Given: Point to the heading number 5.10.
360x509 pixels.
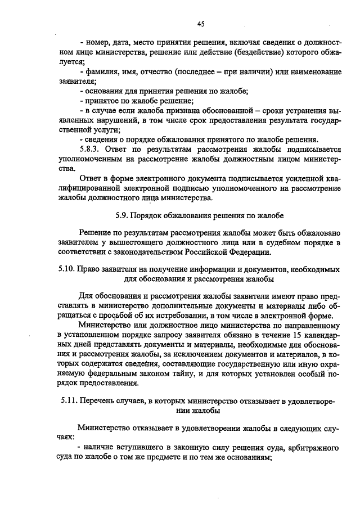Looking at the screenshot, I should (x=67, y=268).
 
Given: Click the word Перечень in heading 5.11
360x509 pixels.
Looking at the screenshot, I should (x=102, y=401).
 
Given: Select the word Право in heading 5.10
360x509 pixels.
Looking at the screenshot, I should (x=88, y=268).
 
